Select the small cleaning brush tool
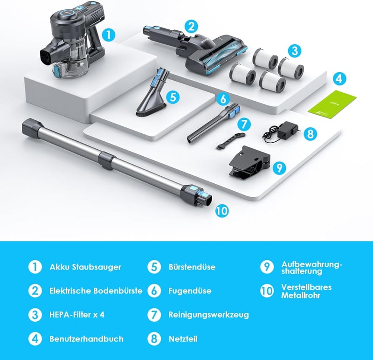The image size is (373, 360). (230, 141)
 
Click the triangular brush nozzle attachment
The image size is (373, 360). (153, 93)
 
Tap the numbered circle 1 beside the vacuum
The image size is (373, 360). (109, 35)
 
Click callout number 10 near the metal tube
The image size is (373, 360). (222, 210)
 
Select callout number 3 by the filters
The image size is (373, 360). (295, 51)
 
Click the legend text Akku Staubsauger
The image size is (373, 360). (85, 267)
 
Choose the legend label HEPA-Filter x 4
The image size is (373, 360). (77, 315)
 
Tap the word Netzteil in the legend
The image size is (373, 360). (183, 339)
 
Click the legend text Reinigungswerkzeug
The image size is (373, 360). (208, 315)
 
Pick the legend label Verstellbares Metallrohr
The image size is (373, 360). (306, 291)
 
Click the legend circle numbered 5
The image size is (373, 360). (154, 267)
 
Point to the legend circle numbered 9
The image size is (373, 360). (267, 267)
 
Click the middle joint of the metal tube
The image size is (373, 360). (107, 161)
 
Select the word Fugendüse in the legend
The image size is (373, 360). (190, 291)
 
